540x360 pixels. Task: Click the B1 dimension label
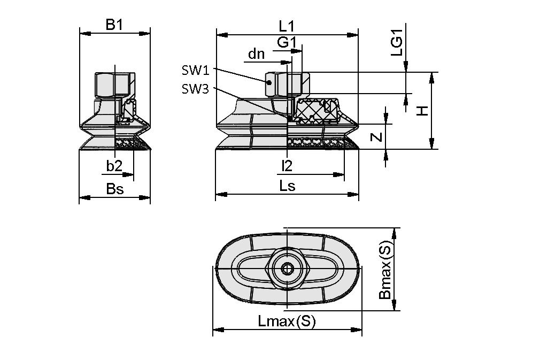tap(114, 25)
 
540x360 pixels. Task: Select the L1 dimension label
tap(287, 26)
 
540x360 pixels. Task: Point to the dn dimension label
tap(256, 54)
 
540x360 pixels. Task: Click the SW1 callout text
tap(195, 70)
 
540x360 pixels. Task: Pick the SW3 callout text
tap(195, 89)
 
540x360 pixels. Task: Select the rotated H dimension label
tap(422, 111)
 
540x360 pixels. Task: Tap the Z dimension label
tap(376, 137)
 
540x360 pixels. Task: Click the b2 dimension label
tap(114, 166)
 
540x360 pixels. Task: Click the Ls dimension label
tap(287, 186)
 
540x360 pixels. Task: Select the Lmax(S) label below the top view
tap(287, 321)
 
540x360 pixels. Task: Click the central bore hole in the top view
tap(288, 269)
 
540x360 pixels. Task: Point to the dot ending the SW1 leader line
tap(270, 82)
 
